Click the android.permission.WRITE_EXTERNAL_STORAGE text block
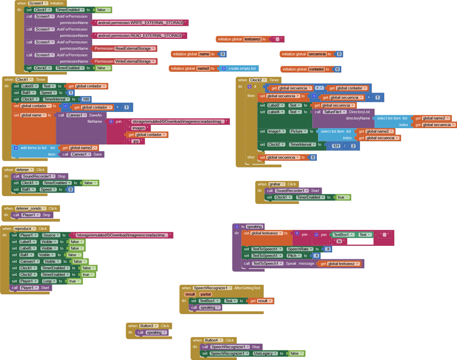coord(141,23)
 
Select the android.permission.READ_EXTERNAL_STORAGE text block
coord(140,36)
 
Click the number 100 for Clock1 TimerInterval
coord(86,99)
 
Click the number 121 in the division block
coord(336,146)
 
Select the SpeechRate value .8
coord(328,249)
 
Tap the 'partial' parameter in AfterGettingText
coord(205,294)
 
